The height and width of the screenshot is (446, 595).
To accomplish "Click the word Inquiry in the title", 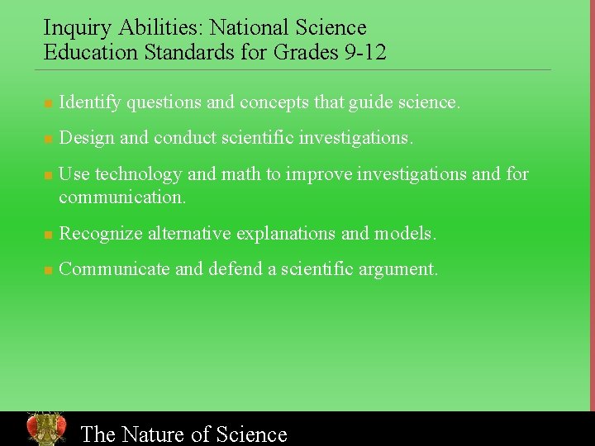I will [x=77, y=29].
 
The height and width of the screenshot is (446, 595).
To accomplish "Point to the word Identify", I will [x=89, y=103].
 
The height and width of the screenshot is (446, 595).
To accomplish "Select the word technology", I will [x=138, y=174].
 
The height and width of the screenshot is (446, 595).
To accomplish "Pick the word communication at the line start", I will [x=121, y=197].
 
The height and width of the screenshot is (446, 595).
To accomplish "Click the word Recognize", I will [x=101, y=234].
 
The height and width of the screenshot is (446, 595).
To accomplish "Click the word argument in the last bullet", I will [x=399, y=269].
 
